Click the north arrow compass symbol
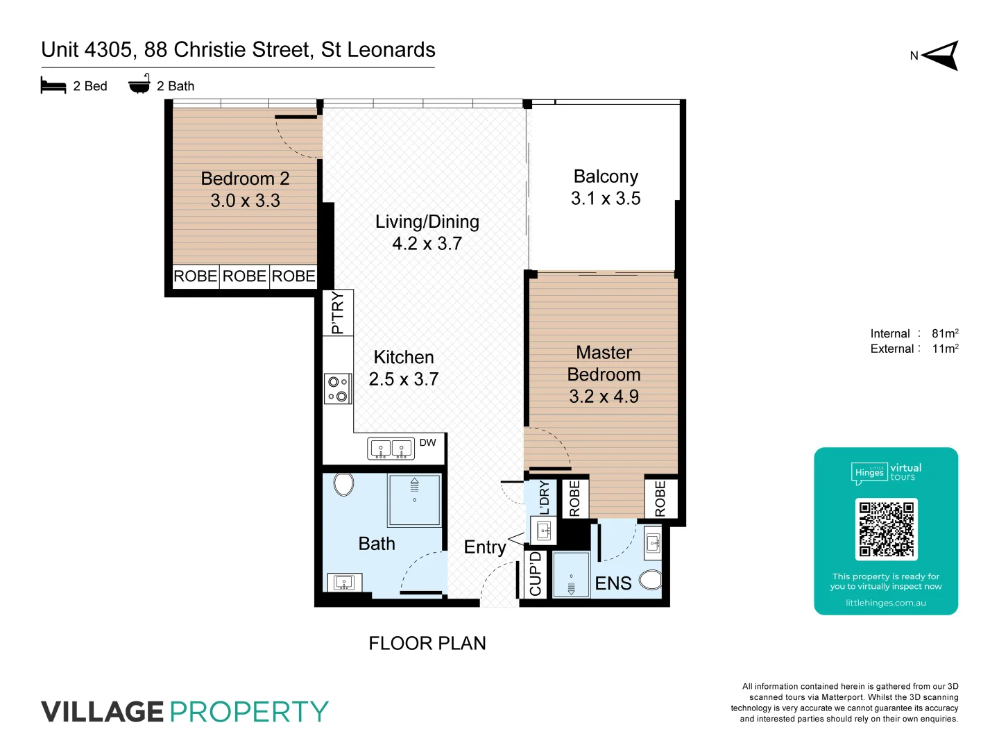coord(941,56)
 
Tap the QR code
coord(886,529)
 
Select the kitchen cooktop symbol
coord(338,389)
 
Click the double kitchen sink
coord(391,449)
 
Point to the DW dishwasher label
coord(428,443)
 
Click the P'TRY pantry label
coord(338,312)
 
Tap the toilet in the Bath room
coord(343,484)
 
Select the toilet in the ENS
coord(651,579)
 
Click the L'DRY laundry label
coord(545,497)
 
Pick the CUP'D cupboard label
coord(535,574)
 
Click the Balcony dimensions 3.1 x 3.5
coord(606,199)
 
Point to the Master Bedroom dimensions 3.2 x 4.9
coord(604,397)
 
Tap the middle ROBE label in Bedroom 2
coord(244,276)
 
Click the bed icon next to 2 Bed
coord(53,85)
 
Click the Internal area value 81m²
coord(945,333)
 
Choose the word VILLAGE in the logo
coord(103,712)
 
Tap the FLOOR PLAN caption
coord(427,644)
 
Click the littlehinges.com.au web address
coord(886,603)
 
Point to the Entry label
coord(485,547)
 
